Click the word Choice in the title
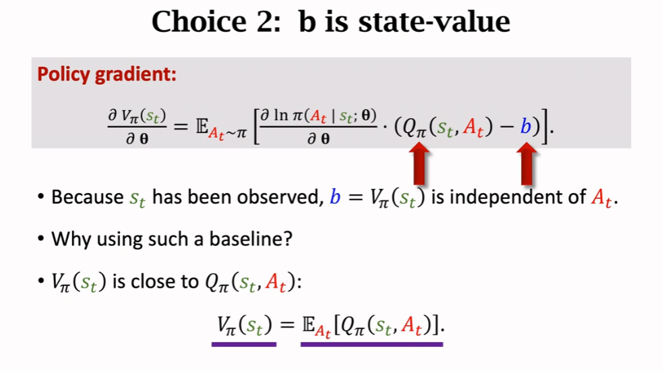point(199,22)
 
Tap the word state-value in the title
point(434,22)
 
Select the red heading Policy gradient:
point(107,74)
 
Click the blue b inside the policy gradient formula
point(525,126)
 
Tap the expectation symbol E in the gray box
point(202,125)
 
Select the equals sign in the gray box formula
point(181,126)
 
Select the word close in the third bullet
point(151,281)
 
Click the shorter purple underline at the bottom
point(244,345)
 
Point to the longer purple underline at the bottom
point(372,345)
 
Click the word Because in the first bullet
point(88,197)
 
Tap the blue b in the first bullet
point(335,197)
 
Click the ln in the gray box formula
point(281,115)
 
